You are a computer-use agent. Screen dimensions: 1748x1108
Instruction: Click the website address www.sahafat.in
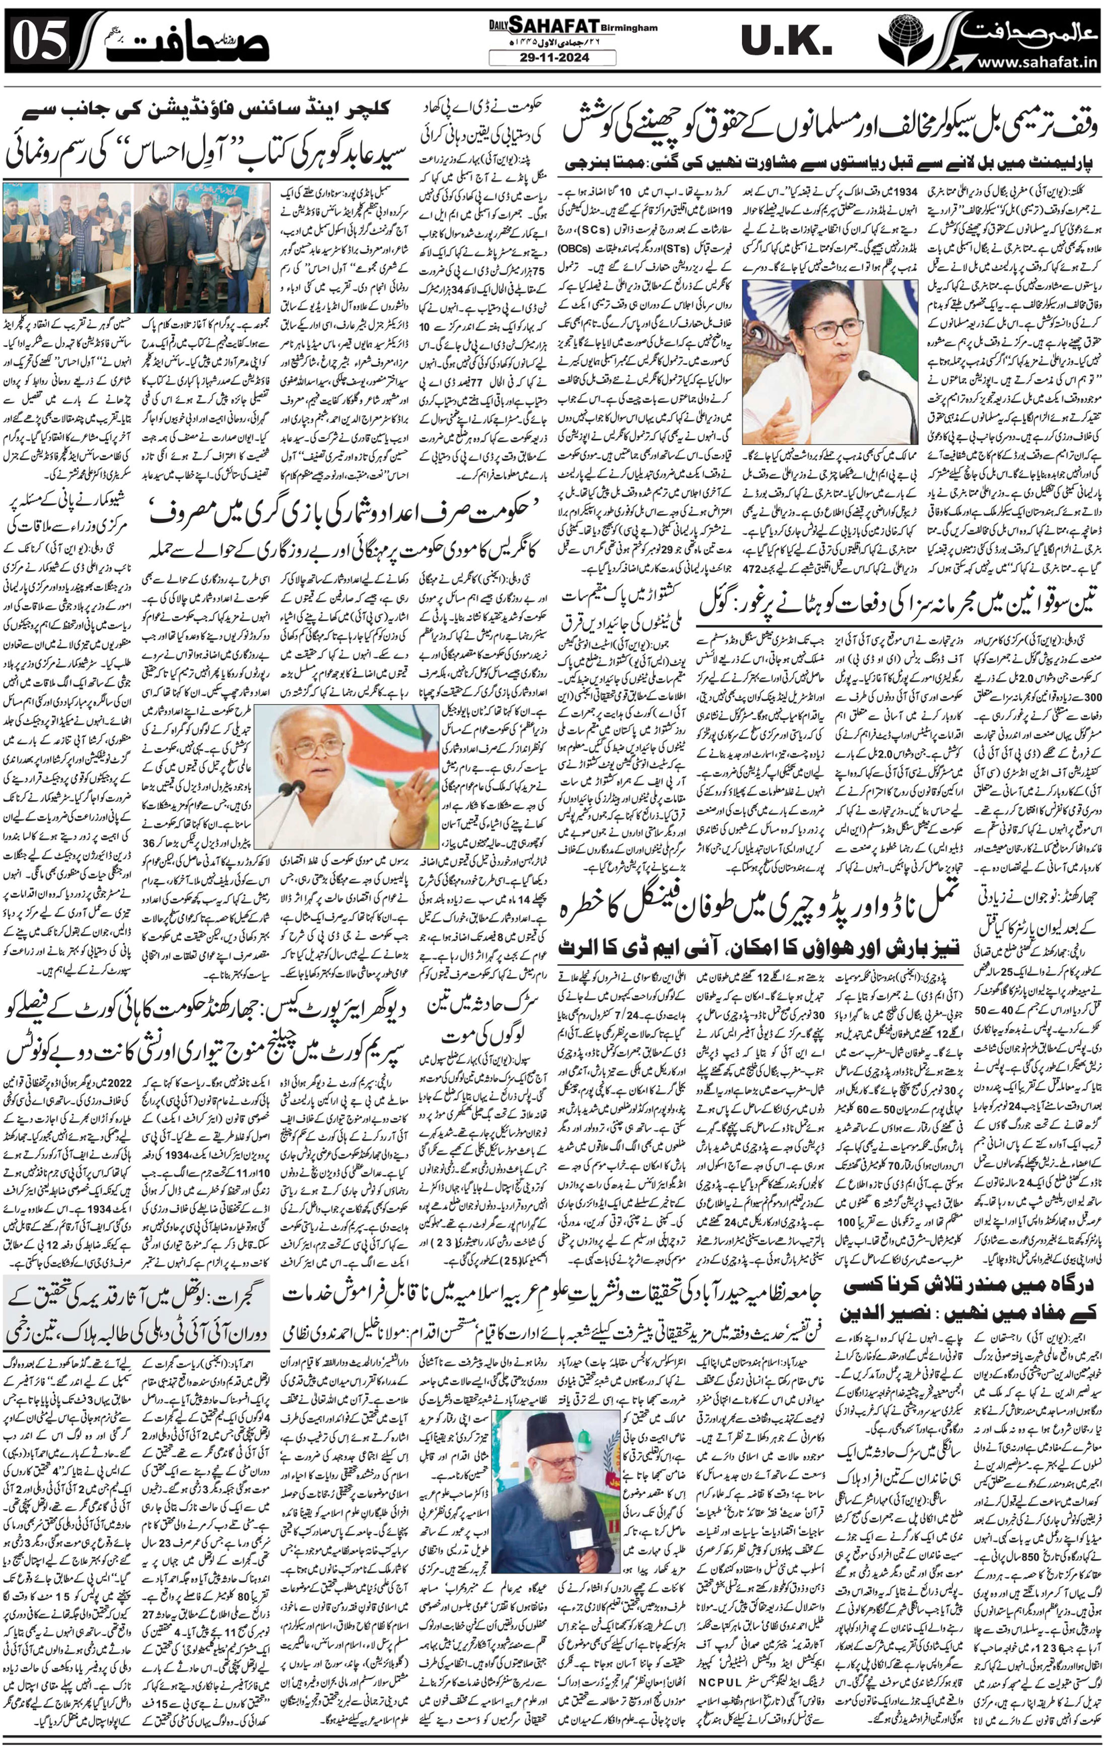pos(1035,64)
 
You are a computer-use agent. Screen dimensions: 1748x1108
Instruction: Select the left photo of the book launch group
pos(67,247)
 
